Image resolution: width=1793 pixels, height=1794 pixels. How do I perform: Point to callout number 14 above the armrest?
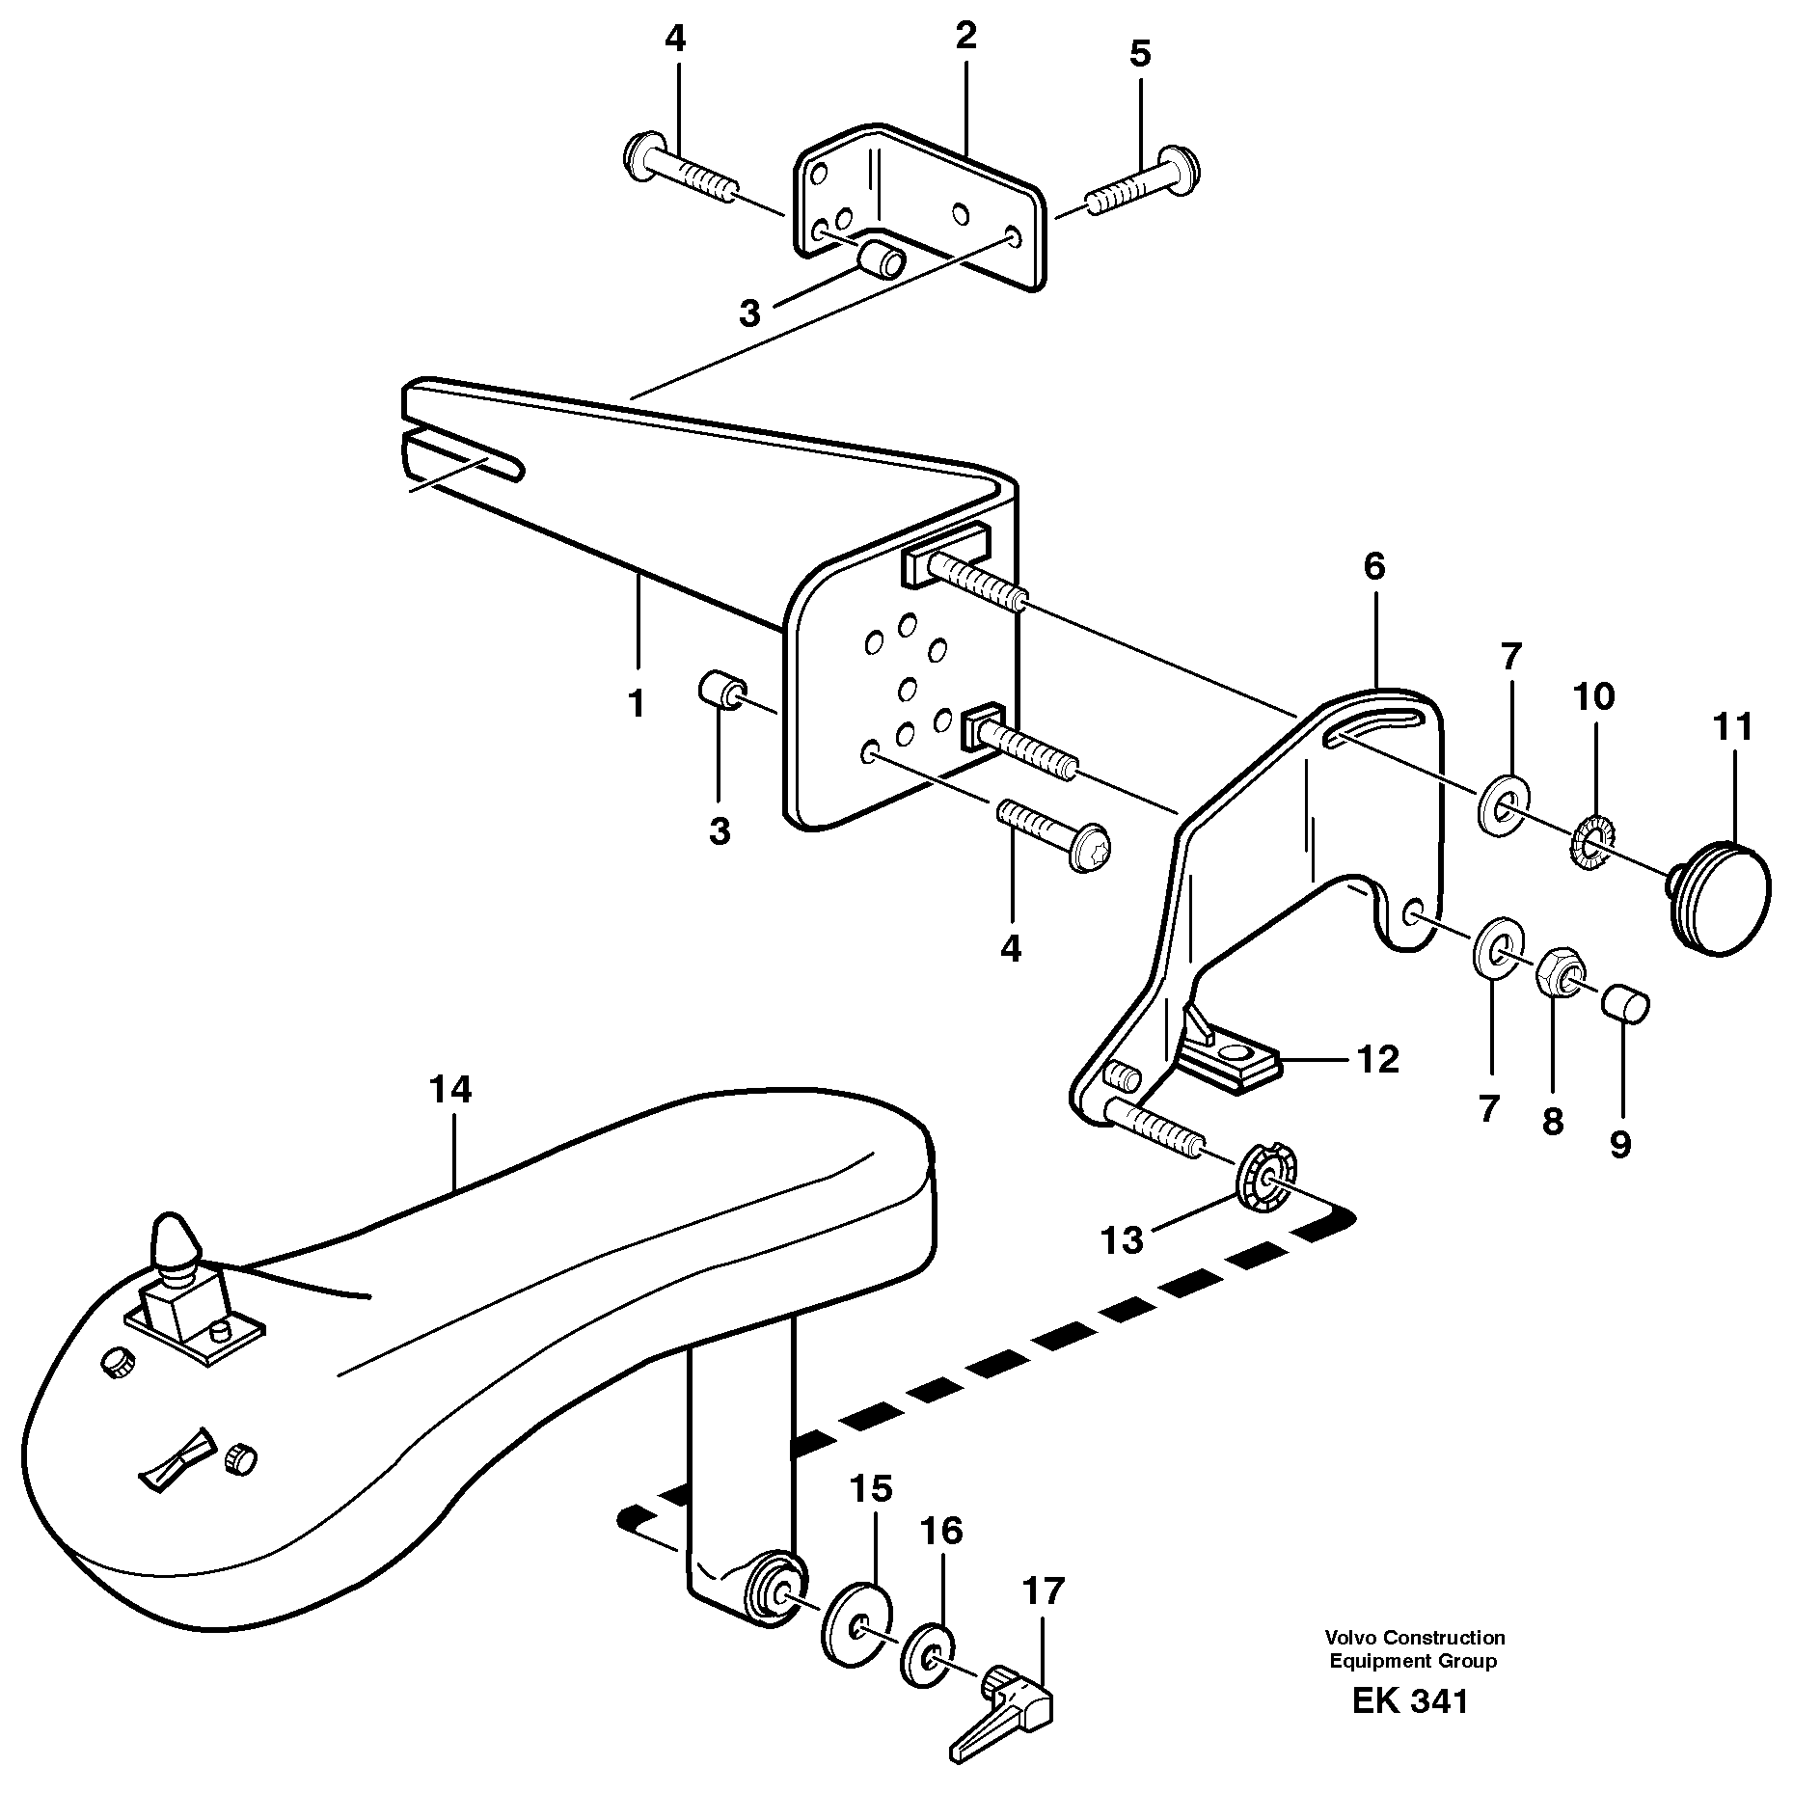(451, 1090)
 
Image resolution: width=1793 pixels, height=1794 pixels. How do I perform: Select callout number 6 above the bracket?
(1373, 567)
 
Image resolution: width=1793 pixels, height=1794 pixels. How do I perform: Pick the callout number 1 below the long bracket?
(636, 703)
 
